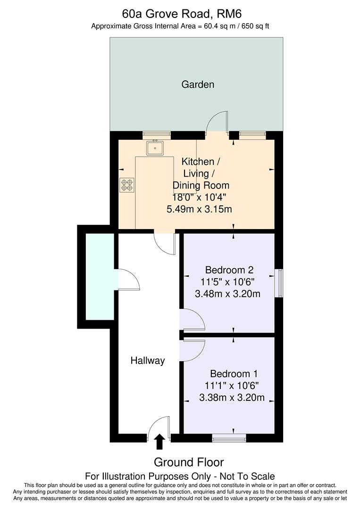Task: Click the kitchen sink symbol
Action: [155, 148]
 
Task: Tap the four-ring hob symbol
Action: [126, 184]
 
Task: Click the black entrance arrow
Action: [159, 442]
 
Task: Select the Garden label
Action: [198, 85]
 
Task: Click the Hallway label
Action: [148, 361]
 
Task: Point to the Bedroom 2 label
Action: [229, 270]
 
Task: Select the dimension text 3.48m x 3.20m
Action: [228, 294]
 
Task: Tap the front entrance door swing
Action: [159, 426]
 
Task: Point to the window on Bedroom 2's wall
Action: [280, 283]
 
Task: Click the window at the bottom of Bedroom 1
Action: [229, 438]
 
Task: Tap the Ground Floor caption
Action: [189, 462]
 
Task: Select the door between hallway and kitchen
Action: [165, 243]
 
